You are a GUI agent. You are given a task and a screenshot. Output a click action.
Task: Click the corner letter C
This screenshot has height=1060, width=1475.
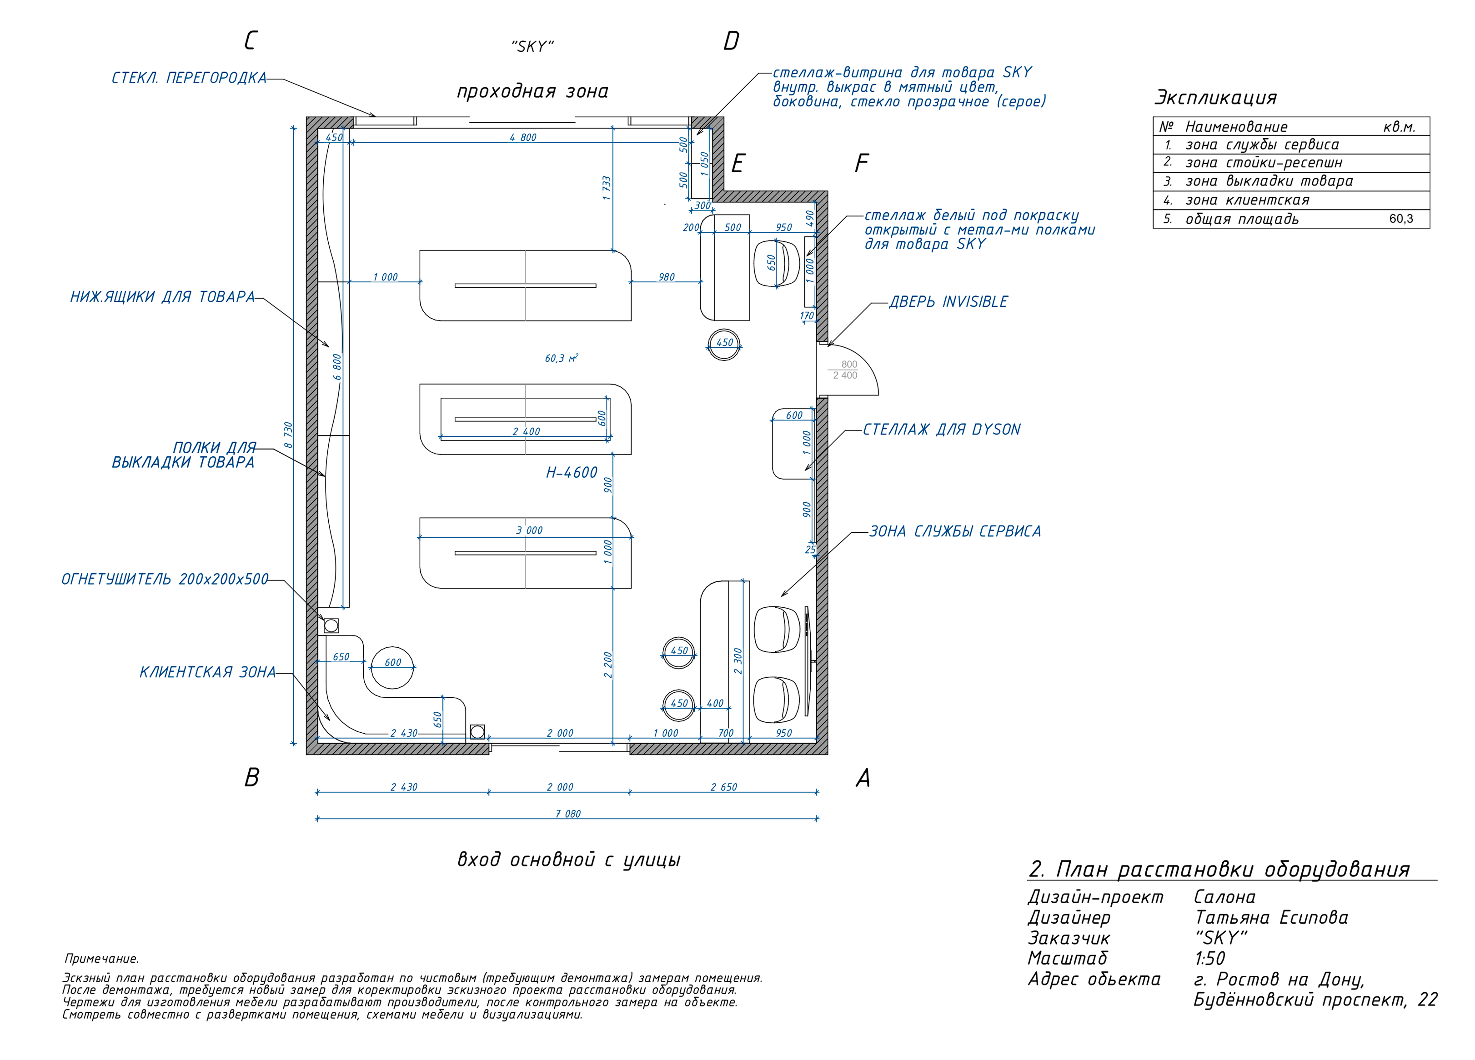(251, 40)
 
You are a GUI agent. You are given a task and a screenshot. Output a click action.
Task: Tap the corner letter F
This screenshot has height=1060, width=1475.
(861, 163)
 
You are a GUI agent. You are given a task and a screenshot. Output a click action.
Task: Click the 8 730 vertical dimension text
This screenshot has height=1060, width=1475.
(288, 435)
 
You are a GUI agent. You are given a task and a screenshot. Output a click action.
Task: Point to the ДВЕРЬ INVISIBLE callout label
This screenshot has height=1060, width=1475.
(948, 302)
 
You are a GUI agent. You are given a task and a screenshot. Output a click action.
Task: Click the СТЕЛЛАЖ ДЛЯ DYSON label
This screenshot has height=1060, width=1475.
(942, 429)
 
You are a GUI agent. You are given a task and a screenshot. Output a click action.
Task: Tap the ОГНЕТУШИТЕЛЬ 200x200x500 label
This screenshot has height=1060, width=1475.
(165, 579)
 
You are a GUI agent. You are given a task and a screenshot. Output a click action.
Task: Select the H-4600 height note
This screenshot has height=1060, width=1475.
(572, 473)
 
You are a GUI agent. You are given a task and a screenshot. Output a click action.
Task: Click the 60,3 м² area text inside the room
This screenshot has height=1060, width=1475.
(561, 358)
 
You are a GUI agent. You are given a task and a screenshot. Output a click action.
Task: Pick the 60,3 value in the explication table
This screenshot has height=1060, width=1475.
(1401, 219)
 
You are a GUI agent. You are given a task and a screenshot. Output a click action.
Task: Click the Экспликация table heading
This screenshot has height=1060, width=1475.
(1215, 98)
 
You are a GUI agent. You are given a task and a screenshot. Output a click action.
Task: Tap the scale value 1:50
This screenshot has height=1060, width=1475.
(1209, 958)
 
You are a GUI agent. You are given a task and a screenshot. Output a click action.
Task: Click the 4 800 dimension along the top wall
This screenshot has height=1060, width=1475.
(523, 137)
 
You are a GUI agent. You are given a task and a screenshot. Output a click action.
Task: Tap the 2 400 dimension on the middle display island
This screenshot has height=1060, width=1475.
(526, 431)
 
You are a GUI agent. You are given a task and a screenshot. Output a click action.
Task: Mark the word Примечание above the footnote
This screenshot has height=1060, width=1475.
(101, 959)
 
